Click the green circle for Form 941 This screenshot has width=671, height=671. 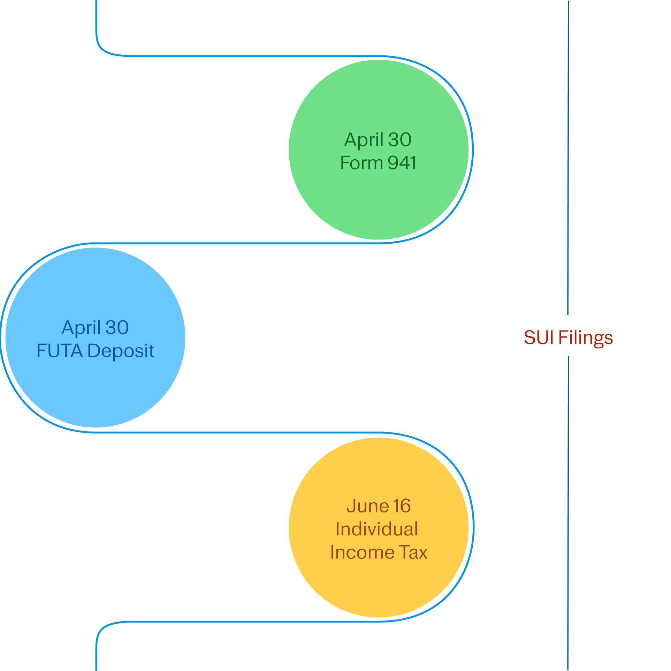(379, 150)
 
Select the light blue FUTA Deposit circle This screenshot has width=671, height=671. (95, 337)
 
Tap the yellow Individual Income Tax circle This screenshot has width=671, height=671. (379, 527)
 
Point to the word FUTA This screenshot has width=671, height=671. (60, 350)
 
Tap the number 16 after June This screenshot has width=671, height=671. (402, 506)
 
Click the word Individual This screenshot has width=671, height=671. (377, 529)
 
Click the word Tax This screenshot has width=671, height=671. (413, 552)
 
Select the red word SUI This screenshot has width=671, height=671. (539, 337)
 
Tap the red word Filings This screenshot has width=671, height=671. (586, 338)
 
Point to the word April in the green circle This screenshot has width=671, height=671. (364, 140)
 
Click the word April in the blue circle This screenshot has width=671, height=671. (81, 328)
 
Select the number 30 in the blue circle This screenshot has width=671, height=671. (117, 328)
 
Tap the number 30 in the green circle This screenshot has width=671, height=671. (400, 140)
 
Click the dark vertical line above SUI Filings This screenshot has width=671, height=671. (568, 158)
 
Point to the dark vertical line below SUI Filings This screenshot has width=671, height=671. (568, 513)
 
